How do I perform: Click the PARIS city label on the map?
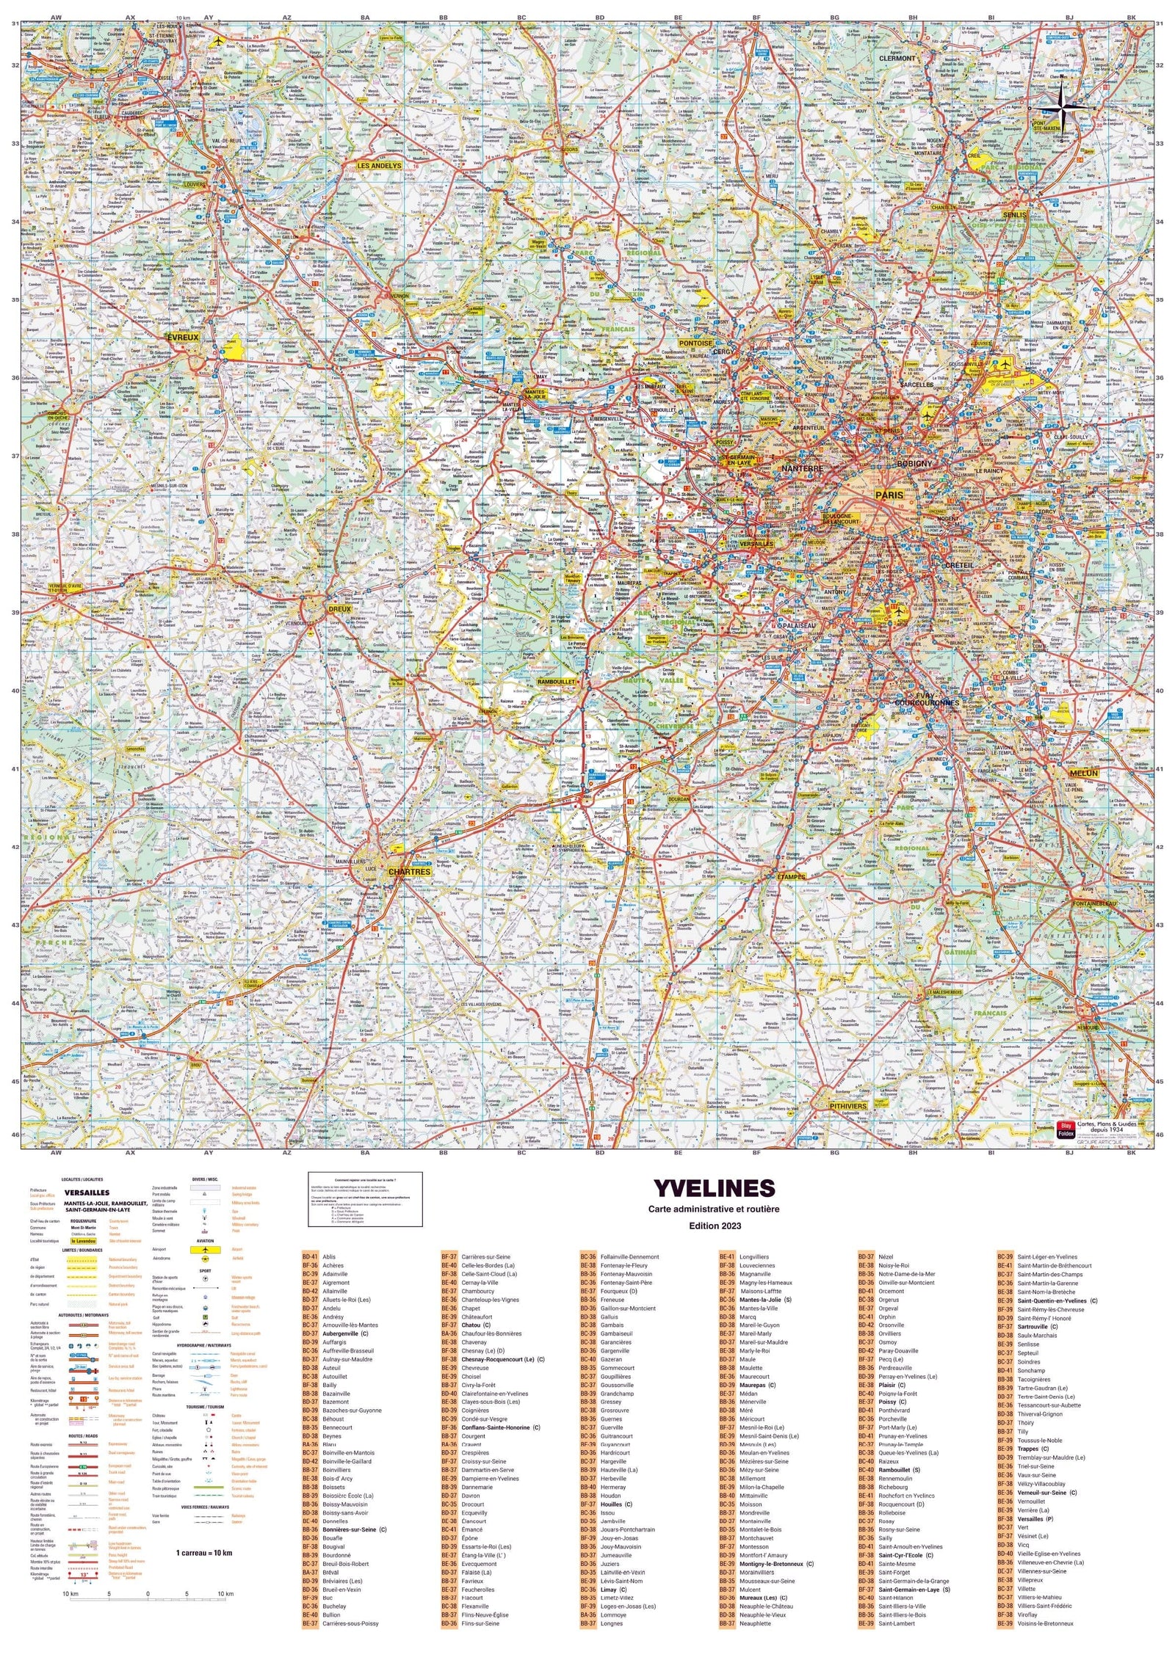(x=889, y=495)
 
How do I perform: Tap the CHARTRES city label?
(x=409, y=872)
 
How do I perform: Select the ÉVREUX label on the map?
(x=183, y=338)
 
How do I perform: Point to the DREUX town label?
(x=339, y=609)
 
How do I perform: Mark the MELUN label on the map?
(x=1083, y=773)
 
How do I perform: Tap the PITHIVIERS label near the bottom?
(x=848, y=1106)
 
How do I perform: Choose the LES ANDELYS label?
(x=379, y=166)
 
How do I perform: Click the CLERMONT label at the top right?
(x=897, y=58)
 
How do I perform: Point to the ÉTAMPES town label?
(x=791, y=876)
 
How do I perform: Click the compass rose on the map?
(x=1064, y=109)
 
